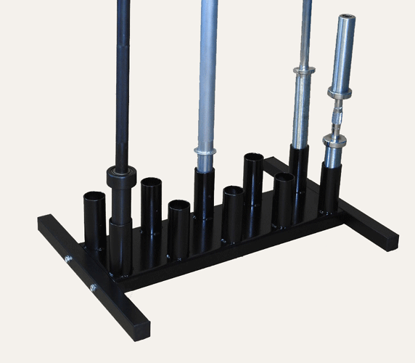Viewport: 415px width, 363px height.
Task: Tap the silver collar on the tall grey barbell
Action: click(205, 152)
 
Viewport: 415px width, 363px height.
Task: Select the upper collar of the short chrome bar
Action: click(338, 91)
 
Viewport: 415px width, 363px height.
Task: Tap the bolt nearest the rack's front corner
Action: click(93, 288)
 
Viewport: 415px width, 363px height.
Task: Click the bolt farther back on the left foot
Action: click(67, 258)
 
